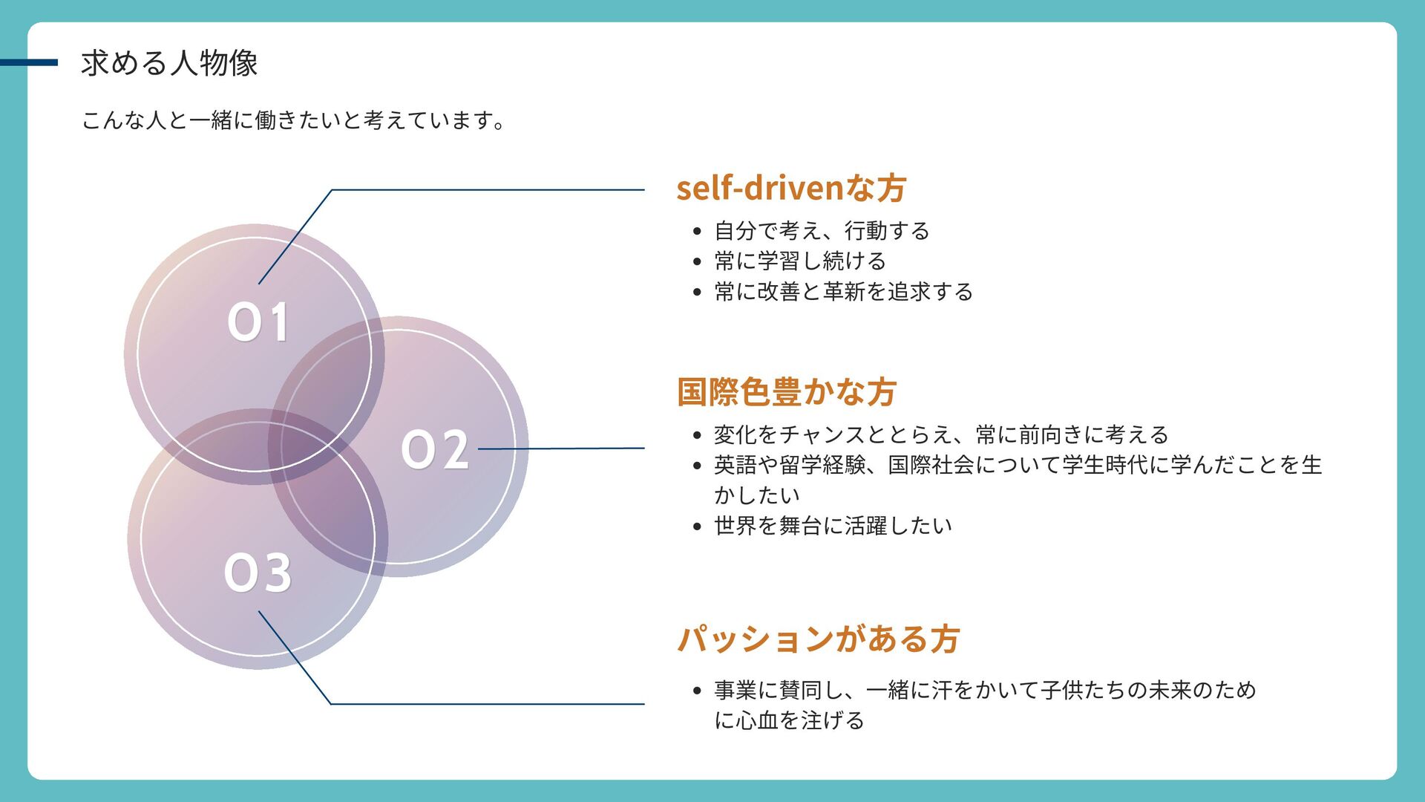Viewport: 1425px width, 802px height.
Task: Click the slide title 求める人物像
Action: (169, 63)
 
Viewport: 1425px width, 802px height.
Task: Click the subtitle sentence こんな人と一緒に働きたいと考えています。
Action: (293, 120)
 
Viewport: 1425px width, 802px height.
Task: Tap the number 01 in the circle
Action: (258, 322)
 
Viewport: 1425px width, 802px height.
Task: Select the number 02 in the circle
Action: (435, 450)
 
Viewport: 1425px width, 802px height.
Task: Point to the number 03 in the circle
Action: (258, 573)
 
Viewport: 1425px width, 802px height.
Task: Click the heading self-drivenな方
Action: (790, 188)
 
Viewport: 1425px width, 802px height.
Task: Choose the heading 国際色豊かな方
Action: (787, 391)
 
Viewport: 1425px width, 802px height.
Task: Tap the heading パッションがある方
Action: (818, 639)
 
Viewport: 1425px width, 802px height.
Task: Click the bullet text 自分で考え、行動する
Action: (822, 231)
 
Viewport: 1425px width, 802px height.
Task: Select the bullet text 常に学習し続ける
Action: (800, 261)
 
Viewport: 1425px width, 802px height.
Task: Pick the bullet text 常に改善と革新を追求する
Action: (843, 292)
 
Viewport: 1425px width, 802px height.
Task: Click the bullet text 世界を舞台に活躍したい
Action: (833, 526)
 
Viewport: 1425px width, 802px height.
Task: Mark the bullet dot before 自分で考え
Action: (696, 232)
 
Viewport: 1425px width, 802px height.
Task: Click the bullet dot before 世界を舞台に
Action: (696, 526)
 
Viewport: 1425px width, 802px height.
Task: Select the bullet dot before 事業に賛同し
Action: (696, 691)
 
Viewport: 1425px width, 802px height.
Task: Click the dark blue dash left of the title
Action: (28, 63)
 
